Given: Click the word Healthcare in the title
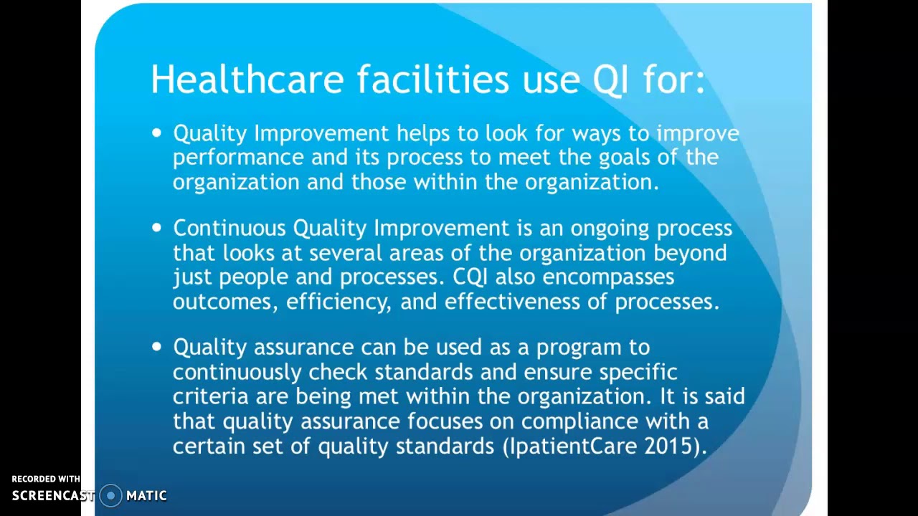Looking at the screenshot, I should point(247,79).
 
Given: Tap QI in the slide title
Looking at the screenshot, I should point(610,80).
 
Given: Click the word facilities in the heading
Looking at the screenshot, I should point(433,79).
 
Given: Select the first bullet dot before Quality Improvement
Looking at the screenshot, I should point(157,133).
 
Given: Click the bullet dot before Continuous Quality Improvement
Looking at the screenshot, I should point(157,227).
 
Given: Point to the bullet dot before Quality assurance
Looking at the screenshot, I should point(157,346).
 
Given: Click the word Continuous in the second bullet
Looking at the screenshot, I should point(229,228).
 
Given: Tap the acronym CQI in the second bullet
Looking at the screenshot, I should point(470,277).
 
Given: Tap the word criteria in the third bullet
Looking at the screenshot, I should point(210,396).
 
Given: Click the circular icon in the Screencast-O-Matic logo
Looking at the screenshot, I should point(110,495).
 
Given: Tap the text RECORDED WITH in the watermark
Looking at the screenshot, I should point(46,479).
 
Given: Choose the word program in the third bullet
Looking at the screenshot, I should point(579,348).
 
